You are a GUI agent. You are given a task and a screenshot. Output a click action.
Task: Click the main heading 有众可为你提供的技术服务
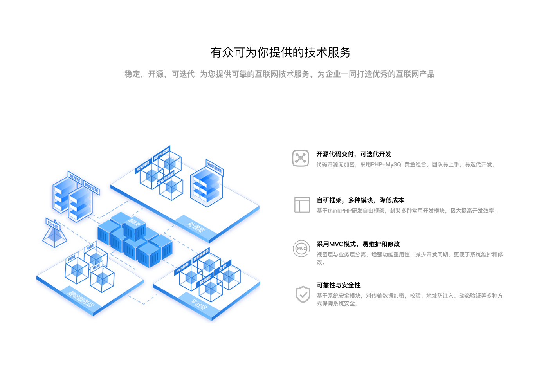(280, 52)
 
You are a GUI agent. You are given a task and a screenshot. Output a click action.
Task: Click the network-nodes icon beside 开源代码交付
(301, 158)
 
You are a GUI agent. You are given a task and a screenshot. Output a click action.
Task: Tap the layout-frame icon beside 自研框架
(302, 205)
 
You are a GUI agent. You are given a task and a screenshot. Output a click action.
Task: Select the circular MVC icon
(301, 249)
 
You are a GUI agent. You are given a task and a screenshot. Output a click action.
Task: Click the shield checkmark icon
(303, 294)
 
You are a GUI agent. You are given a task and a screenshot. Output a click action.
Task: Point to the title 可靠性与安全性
(338, 285)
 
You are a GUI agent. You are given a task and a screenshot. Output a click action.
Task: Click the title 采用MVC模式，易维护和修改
(358, 244)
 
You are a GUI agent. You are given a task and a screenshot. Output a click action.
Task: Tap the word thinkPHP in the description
(339, 211)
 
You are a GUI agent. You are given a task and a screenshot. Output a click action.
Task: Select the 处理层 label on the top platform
(195, 227)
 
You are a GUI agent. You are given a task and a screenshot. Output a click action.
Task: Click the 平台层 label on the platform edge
(198, 304)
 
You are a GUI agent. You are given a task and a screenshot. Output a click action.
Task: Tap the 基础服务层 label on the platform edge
(81, 299)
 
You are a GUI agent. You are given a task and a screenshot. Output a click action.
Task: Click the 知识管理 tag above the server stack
(215, 167)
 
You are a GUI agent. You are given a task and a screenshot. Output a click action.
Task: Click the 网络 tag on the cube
(72, 258)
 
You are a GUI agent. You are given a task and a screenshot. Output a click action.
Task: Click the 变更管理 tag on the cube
(143, 166)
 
